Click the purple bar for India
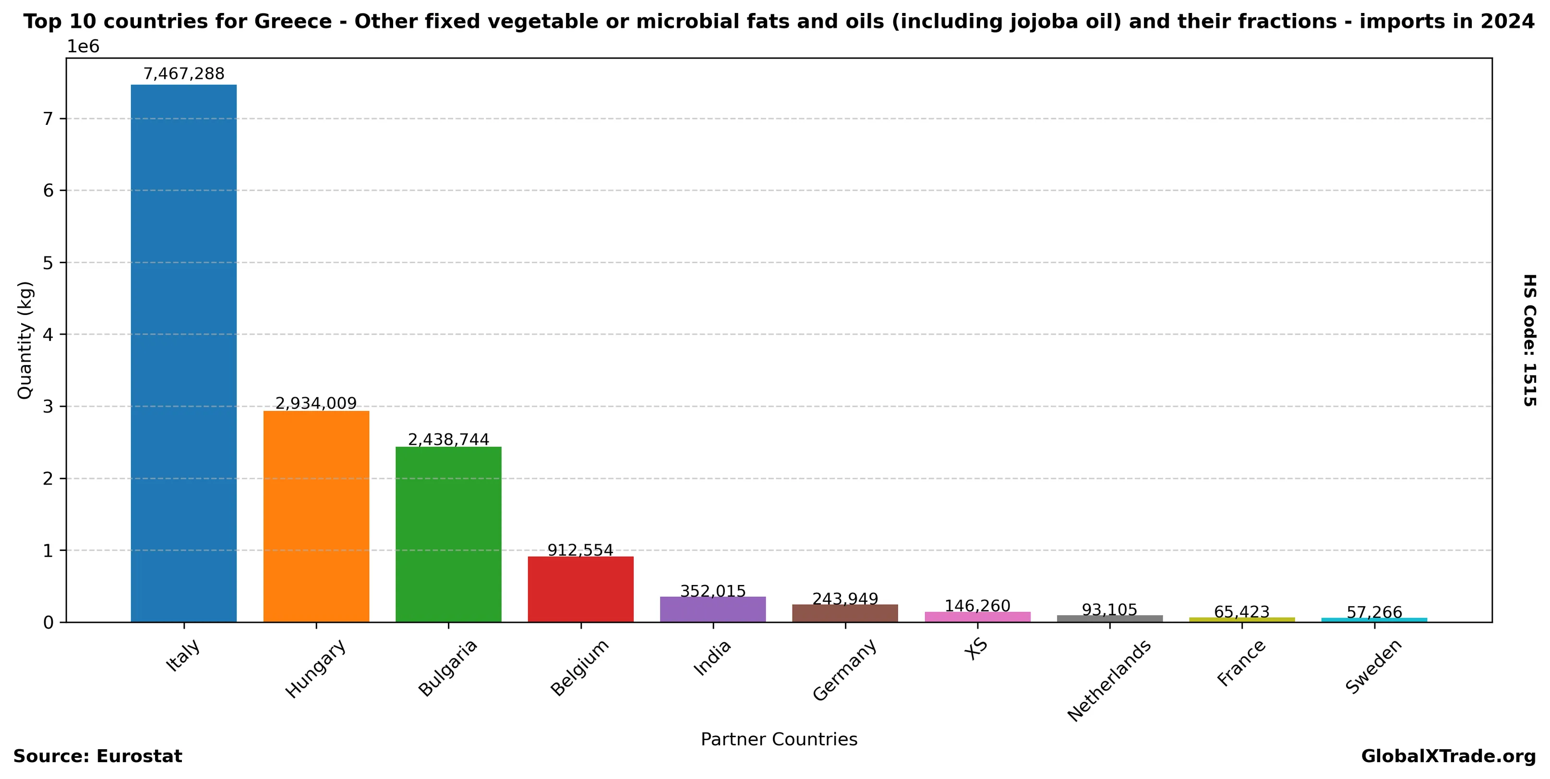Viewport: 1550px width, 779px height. pyautogui.click(x=713, y=609)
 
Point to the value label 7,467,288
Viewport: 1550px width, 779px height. pyautogui.click(x=183, y=74)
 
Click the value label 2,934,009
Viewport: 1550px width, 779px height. pyautogui.click(x=316, y=403)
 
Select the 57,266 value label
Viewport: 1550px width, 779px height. pyautogui.click(x=1374, y=613)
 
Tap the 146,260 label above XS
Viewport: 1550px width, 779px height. pyautogui.click(x=977, y=606)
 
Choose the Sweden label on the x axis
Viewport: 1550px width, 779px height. pyautogui.click(x=1374, y=667)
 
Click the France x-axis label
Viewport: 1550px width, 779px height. pyautogui.click(x=1241, y=663)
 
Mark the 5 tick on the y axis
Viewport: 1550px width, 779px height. pyautogui.click(x=48, y=263)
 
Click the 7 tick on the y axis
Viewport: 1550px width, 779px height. pyautogui.click(x=48, y=119)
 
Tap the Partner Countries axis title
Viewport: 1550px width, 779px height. pyautogui.click(x=779, y=739)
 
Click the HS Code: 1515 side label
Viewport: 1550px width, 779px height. pyautogui.click(x=1529, y=340)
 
